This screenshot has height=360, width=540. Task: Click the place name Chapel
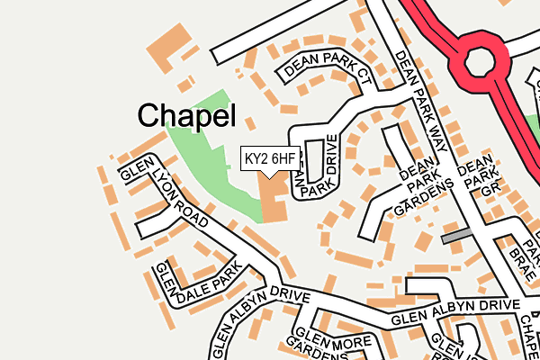tap(186, 115)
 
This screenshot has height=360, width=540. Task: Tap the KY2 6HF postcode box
tap(270, 159)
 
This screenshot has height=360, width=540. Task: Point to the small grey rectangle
tap(457, 236)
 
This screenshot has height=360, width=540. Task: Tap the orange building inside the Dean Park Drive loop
tap(314, 159)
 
